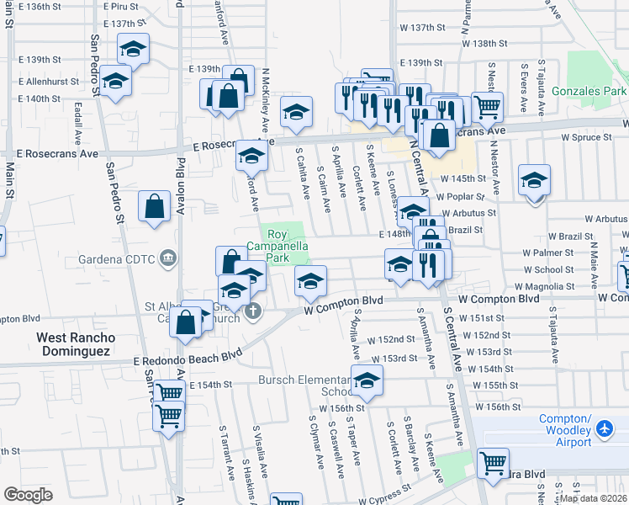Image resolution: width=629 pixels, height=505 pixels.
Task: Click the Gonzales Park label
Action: click(x=590, y=90)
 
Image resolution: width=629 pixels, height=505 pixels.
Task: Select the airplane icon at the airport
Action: click(x=603, y=429)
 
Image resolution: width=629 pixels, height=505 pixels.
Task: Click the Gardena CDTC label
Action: click(x=122, y=258)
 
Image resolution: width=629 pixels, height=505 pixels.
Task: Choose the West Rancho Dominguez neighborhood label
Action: click(x=76, y=343)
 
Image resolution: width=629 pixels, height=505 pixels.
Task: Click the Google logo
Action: click(x=29, y=495)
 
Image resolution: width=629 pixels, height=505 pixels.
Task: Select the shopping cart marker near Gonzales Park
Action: click(x=487, y=106)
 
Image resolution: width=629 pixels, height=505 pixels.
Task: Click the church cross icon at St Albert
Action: click(x=252, y=313)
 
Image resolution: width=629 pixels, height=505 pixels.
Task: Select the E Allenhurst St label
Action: click(x=48, y=82)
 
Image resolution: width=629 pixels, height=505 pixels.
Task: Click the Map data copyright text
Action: click(x=593, y=498)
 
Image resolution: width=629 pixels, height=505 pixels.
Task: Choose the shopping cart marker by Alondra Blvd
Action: click(x=492, y=461)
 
